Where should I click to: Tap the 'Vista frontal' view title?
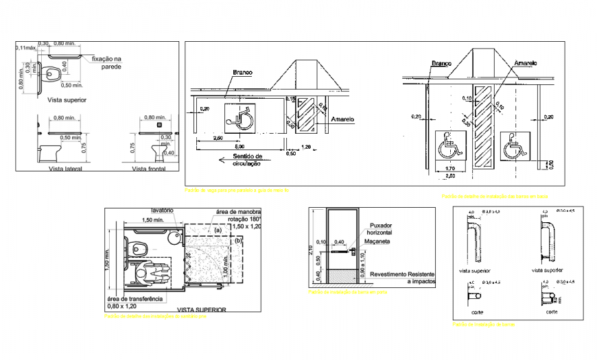(x=150, y=169)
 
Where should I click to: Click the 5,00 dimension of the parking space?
(x=240, y=147)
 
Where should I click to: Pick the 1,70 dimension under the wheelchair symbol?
(x=449, y=168)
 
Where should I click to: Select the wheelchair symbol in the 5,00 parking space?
(x=239, y=119)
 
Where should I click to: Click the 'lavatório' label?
(x=164, y=211)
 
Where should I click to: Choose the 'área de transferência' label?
(x=134, y=299)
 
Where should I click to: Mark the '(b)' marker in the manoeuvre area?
(x=238, y=241)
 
